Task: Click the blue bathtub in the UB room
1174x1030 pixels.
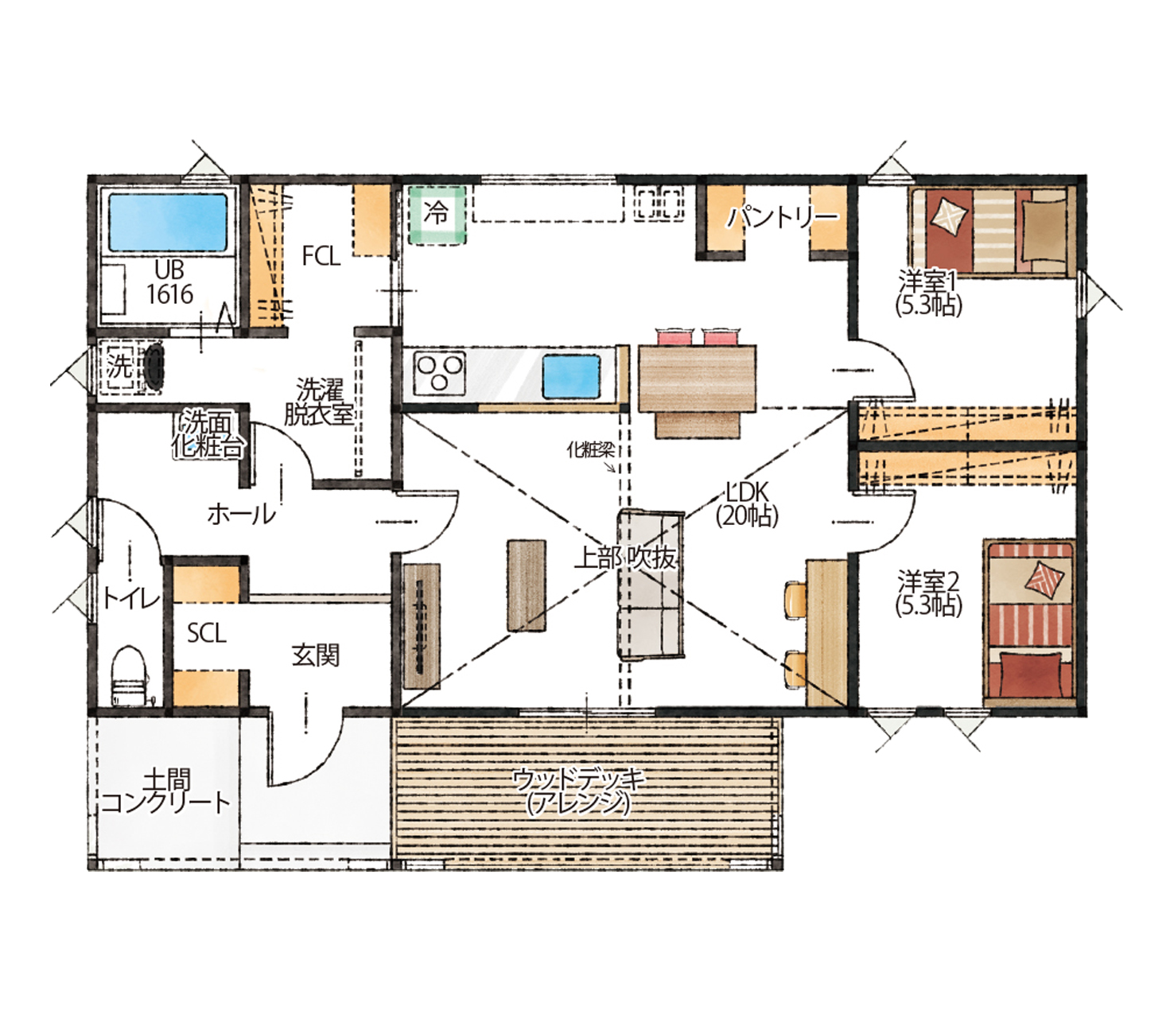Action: (x=168, y=223)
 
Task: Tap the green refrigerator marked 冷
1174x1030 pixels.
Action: (x=437, y=215)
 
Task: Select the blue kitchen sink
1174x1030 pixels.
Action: (x=571, y=377)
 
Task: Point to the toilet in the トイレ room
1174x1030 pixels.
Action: (x=129, y=675)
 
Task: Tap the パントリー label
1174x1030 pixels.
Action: (x=783, y=217)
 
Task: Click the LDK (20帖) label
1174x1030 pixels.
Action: (x=747, y=503)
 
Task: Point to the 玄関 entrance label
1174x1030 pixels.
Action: (x=315, y=655)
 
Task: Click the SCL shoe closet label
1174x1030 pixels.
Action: (x=206, y=634)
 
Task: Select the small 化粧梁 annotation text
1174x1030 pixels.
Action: (x=590, y=450)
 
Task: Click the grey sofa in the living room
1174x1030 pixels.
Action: (x=650, y=585)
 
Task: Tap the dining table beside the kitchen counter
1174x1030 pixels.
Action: (x=697, y=379)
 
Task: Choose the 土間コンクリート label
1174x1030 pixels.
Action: (x=166, y=792)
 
